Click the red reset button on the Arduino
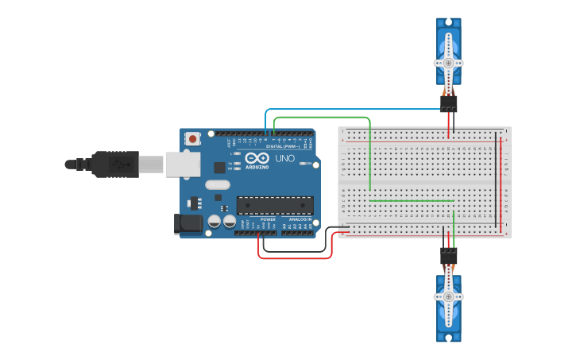tap(192, 138)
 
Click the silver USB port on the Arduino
tap(182, 164)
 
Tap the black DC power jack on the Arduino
tap(188, 224)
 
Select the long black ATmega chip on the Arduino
tap(274, 205)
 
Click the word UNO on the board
tap(284, 159)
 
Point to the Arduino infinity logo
tap(257, 157)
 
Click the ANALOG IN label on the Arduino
tap(299, 219)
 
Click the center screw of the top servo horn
tap(448, 62)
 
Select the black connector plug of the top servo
tap(449, 104)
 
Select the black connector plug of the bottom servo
tap(449, 256)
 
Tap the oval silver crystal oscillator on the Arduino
tap(217, 185)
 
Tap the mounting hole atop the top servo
tap(448, 21)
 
